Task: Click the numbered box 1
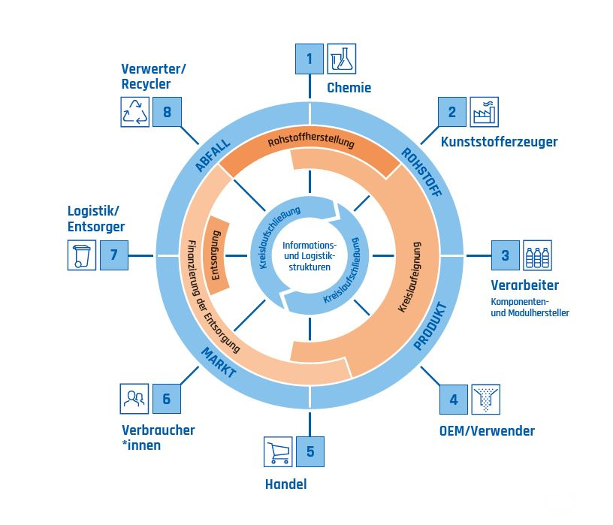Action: [x=310, y=58]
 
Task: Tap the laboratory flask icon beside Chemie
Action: [x=342, y=58]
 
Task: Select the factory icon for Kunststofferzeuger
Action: [x=485, y=112]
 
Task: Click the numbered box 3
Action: [x=506, y=255]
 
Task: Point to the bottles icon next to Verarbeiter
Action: [x=538, y=255]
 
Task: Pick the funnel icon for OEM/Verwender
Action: [x=485, y=400]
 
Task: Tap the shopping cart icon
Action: [x=277, y=451]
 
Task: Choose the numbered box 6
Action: [x=167, y=399]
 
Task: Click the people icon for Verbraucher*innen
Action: [x=134, y=399]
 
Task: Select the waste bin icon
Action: [x=80, y=255]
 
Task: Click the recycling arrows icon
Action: [x=135, y=113]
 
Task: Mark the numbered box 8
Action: [x=167, y=113]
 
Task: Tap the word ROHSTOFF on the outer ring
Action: [x=421, y=171]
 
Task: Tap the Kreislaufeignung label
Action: [x=405, y=276]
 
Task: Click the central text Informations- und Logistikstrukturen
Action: [x=310, y=255]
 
